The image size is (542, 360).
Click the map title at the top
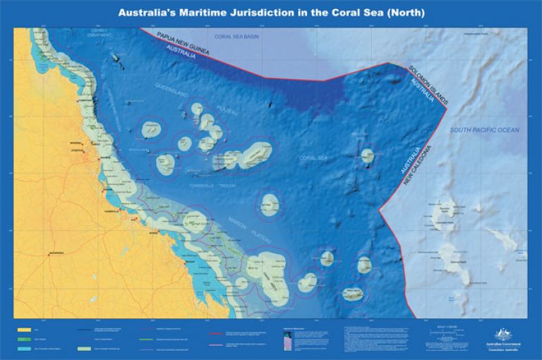(271, 12)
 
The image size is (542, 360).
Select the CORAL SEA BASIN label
(236, 35)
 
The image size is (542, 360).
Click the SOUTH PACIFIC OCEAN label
(485, 130)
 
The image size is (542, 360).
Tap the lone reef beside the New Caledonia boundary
(366, 156)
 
